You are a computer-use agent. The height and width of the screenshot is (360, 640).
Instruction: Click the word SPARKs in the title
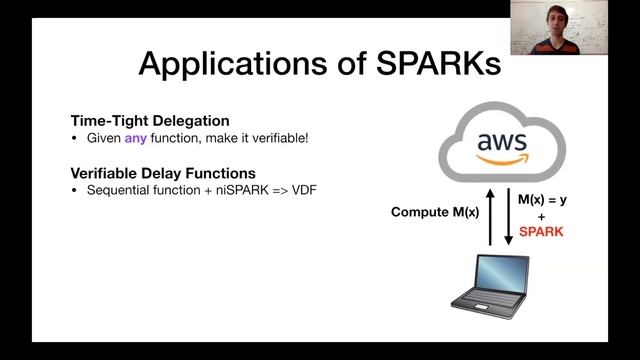click(436, 63)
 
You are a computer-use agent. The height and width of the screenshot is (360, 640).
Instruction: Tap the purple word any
click(136, 137)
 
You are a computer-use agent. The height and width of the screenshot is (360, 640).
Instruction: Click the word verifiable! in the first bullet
click(281, 137)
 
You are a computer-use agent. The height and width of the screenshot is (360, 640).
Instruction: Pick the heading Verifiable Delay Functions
click(162, 172)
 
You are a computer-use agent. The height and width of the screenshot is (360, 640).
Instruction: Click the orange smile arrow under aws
click(502, 158)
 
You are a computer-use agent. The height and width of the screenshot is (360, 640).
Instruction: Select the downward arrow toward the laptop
click(508, 214)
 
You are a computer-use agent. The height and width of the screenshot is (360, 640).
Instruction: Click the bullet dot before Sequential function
click(76, 189)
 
